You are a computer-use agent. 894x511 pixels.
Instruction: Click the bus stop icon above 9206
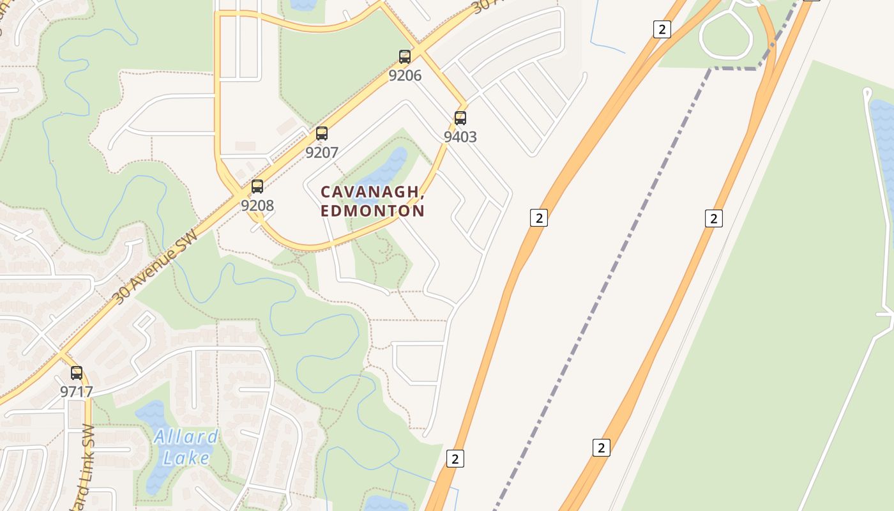405,57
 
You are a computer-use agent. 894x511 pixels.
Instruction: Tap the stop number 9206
405,75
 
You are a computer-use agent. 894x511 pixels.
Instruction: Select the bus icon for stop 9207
322,133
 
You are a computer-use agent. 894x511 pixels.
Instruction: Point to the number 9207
322,153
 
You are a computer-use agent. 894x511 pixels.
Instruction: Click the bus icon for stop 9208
257,187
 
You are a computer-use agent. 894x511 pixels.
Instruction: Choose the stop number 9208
257,206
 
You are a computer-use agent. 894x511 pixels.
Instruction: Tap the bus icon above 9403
460,118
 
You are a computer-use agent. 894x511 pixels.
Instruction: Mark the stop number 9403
460,137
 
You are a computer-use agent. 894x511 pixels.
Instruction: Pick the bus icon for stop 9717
77,373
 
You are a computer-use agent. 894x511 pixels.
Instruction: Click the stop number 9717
77,392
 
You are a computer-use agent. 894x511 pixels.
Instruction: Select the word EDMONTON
373,211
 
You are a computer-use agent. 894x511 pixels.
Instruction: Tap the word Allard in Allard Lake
186,438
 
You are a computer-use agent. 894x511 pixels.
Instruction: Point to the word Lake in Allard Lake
186,457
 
